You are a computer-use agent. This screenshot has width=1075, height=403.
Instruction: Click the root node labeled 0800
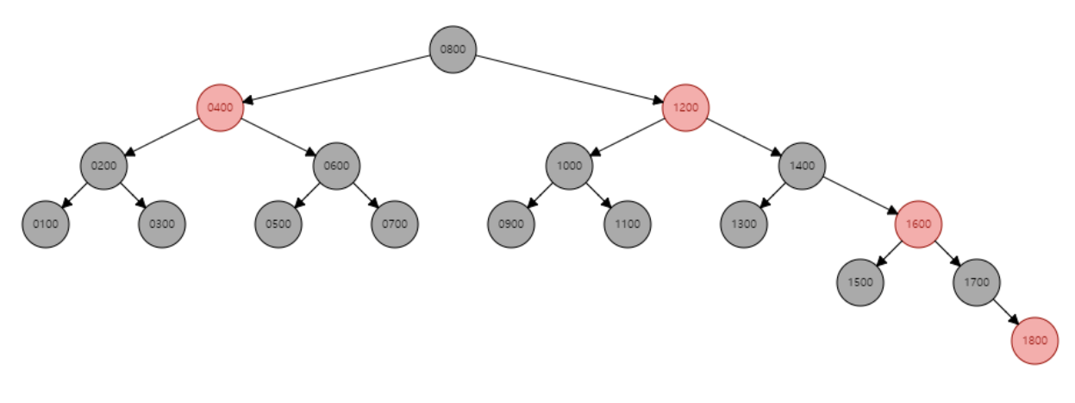click(453, 49)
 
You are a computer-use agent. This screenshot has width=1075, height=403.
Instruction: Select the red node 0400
click(220, 108)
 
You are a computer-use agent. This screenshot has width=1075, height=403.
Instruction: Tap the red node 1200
click(685, 108)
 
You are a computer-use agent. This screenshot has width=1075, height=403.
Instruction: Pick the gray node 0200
click(103, 166)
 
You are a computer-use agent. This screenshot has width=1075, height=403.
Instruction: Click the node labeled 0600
click(336, 166)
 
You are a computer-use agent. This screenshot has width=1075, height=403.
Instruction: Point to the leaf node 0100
click(45, 224)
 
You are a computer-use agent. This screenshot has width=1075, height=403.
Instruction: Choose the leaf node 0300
click(162, 224)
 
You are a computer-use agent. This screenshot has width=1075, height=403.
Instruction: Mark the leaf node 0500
click(278, 224)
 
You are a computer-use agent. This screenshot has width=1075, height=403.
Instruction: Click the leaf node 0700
click(395, 224)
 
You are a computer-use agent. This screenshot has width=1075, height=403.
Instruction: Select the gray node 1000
click(569, 166)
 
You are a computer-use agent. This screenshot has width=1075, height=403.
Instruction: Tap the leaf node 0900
click(510, 224)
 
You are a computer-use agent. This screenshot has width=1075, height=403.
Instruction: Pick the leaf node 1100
click(628, 224)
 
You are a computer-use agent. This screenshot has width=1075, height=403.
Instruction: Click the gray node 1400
click(802, 166)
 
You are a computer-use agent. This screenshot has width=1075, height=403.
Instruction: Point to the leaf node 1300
click(744, 224)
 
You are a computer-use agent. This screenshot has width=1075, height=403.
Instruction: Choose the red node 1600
click(918, 224)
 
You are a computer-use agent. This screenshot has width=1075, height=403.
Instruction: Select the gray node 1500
click(860, 282)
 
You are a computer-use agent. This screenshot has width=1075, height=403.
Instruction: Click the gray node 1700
click(977, 282)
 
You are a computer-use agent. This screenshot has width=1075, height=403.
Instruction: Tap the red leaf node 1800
click(1034, 340)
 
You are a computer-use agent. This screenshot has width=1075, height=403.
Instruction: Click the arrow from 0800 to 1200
click(569, 79)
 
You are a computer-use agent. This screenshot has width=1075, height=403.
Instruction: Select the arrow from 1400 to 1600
click(860, 195)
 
